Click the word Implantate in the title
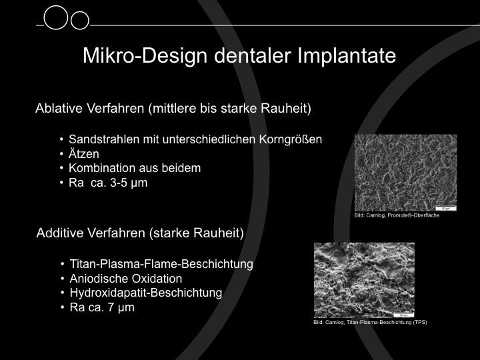coord(347,56)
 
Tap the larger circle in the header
coord(56,17)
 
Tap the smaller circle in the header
coord(80,21)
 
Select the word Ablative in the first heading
coord(59,108)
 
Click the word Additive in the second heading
coord(60,233)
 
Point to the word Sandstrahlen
coord(104,139)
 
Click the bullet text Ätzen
coord(84,154)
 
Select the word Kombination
coord(102,168)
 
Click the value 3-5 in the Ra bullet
coord(118,183)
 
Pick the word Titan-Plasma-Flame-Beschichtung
coord(161,264)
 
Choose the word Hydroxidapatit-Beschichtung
coord(146,293)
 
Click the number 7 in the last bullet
coord(111,307)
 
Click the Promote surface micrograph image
coord(405,173)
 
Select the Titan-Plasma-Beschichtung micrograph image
coord(364,280)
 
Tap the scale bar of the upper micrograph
coord(445,209)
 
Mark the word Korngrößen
coord(291,139)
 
